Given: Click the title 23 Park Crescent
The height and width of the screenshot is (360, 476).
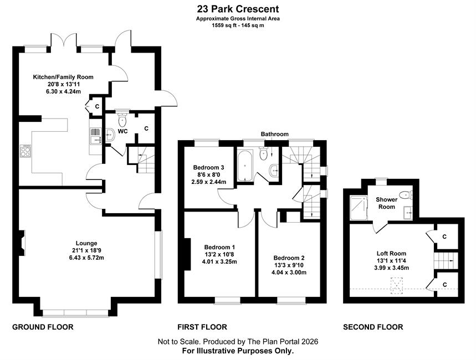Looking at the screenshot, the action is pyautogui.click(x=238, y=8).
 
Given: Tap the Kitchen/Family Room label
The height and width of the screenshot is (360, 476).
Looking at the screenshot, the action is pyautogui.click(x=63, y=77).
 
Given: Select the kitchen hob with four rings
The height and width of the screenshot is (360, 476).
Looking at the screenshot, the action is pyautogui.click(x=25, y=151).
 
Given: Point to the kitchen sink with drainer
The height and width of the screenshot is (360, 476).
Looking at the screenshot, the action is pyautogui.click(x=96, y=136).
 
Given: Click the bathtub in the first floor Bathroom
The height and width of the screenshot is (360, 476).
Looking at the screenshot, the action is pyautogui.click(x=245, y=165).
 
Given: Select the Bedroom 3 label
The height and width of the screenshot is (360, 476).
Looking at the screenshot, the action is pyautogui.click(x=208, y=167).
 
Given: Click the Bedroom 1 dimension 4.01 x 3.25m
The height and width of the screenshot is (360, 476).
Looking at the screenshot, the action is pyautogui.click(x=219, y=261).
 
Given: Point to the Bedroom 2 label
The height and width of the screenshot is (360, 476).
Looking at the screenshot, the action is pyautogui.click(x=289, y=258).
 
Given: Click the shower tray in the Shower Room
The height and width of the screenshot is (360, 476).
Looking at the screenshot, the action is pyautogui.click(x=359, y=208).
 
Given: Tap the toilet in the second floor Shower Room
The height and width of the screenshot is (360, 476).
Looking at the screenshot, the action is pyautogui.click(x=405, y=195).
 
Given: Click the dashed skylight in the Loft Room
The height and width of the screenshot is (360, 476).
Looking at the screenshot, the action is pyautogui.click(x=396, y=286).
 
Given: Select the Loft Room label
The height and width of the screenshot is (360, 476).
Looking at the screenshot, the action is pyautogui.click(x=391, y=253).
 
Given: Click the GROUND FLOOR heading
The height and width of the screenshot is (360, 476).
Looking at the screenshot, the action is pyautogui.click(x=43, y=327).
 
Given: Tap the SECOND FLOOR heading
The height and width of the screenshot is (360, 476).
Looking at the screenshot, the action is pyautogui.click(x=373, y=327).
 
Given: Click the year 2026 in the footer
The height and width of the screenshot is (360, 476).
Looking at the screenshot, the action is pyautogui.click(x=310, y=342).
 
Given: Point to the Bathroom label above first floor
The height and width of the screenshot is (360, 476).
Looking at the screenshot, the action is pyautogui.click(x=275, y=134).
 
